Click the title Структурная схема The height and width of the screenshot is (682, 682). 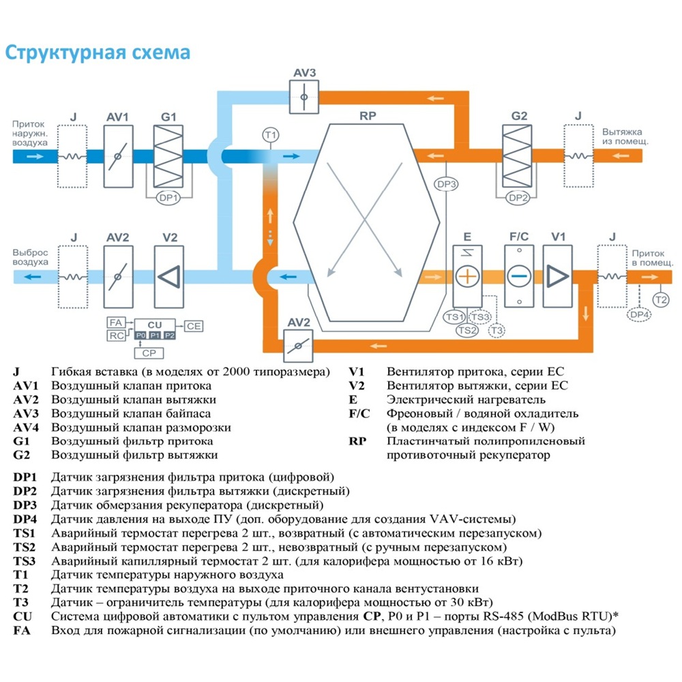pyautogui.click(x=98, y=53)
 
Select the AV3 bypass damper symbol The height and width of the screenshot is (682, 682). pyautogui.click(x=301, y=97)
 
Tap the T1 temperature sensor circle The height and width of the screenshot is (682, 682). pyautogui.click(x=270, y=135)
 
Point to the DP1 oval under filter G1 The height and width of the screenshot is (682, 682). pyautogui.click(x=168, y=198)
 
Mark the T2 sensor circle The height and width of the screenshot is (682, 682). pyautogui.click(x=660, y=299)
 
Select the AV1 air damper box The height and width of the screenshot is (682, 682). pyautogui.click(x=117, y=156)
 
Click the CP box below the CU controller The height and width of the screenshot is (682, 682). pyautogui.click(x=148, y=353)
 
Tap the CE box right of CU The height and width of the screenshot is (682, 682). pyautogui.click(x=194, y=326)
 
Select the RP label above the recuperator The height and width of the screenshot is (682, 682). pyautogui.click(x=368, y=116)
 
